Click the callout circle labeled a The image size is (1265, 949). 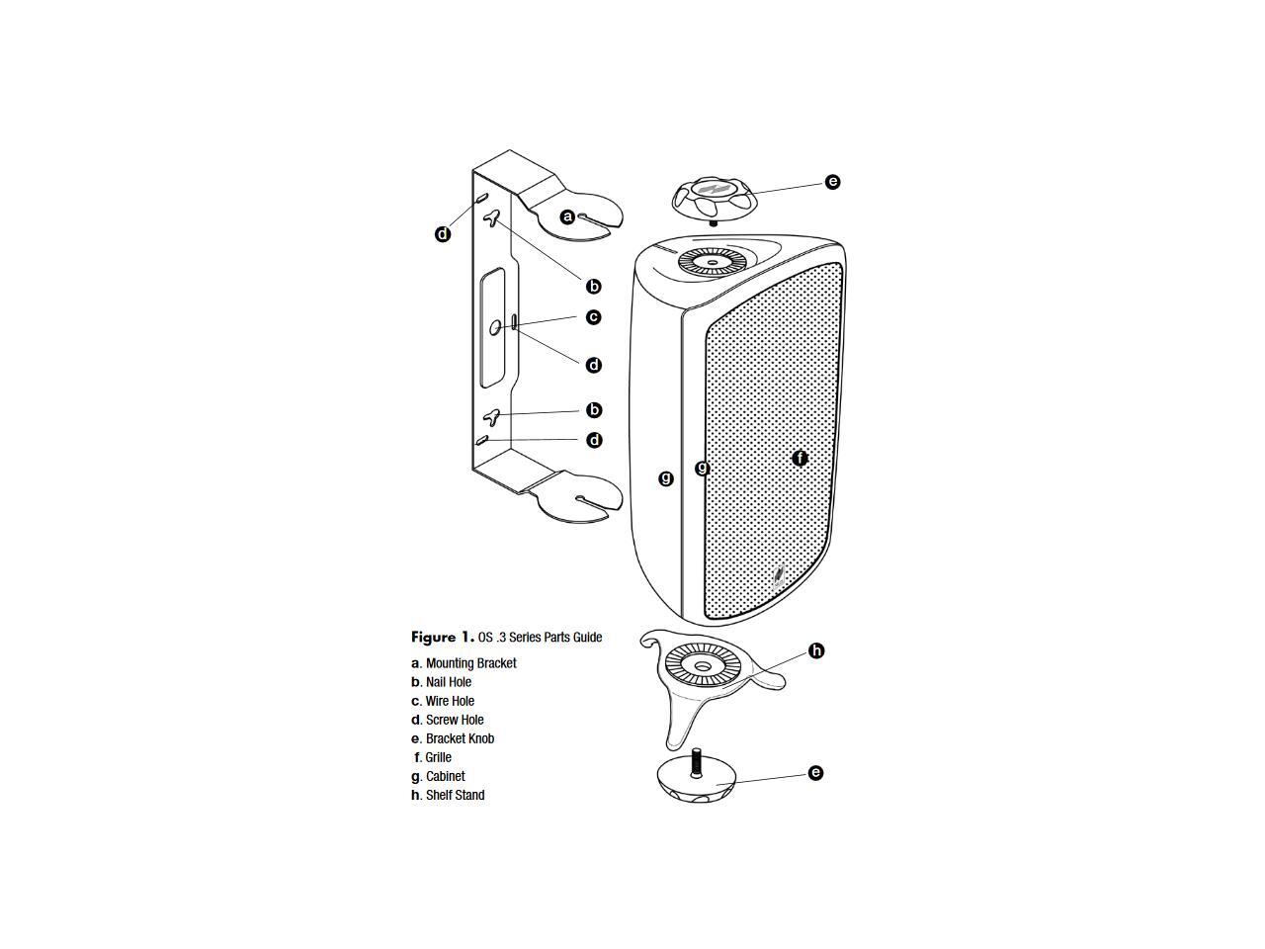coord(567,216)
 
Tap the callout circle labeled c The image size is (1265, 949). coord(593,317)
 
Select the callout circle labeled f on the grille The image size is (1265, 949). coord(801,459)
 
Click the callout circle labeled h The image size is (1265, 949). coord(816,650)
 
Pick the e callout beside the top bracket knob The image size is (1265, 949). coord(832,182)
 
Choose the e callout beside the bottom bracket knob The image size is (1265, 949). coord(815,773)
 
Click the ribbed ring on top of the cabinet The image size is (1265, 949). coord(712,262)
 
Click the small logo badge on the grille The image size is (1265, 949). coord(779,574)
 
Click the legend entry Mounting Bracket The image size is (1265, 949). coord(470,663)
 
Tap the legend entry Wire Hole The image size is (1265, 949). coord(450,701)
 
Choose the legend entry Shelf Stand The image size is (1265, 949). coord(455,795)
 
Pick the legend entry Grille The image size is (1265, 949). coord(438,757)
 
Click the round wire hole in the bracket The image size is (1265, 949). coord(497,326)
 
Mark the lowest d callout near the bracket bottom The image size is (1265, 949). coord(594,440)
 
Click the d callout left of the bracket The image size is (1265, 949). coord(443,234)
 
